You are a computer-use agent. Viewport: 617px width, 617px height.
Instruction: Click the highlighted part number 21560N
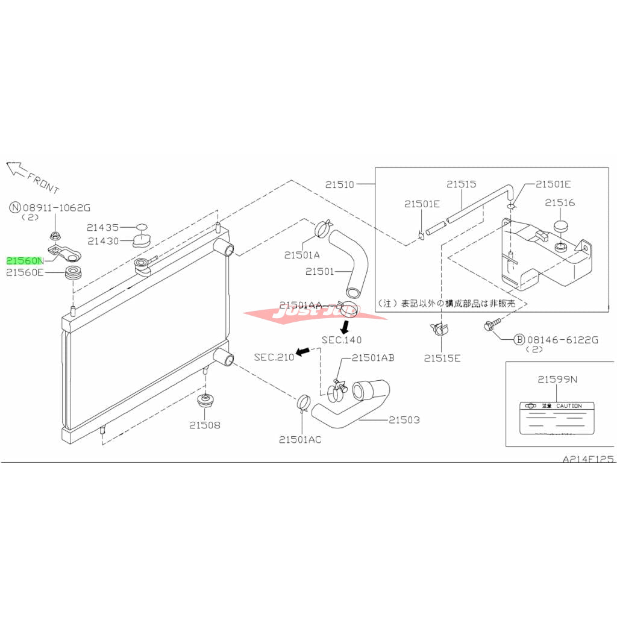(25, 261)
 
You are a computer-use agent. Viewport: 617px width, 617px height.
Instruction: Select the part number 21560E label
(25, 273)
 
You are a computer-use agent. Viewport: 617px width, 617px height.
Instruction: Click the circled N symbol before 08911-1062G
(15, 208)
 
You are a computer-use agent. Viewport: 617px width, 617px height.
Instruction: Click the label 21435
(102, 228)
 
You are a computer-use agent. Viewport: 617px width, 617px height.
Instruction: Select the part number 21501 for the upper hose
(319, 272)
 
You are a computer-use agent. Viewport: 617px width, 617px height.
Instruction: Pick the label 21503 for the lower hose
(404, 420)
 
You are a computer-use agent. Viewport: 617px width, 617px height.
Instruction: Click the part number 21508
(205, 425)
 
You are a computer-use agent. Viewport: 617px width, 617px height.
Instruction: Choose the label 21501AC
(300, 439)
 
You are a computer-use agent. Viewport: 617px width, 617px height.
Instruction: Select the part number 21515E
(442, 358)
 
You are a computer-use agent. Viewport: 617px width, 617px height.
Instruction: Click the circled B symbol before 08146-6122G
(519, 340)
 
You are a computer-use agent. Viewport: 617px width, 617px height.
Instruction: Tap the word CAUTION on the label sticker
(568, 406)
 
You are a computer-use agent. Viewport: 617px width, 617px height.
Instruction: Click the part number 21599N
(557, 380)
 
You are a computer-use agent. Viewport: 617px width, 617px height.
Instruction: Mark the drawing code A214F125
(587, 459)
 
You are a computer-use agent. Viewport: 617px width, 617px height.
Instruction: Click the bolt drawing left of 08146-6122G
(489, 326)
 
